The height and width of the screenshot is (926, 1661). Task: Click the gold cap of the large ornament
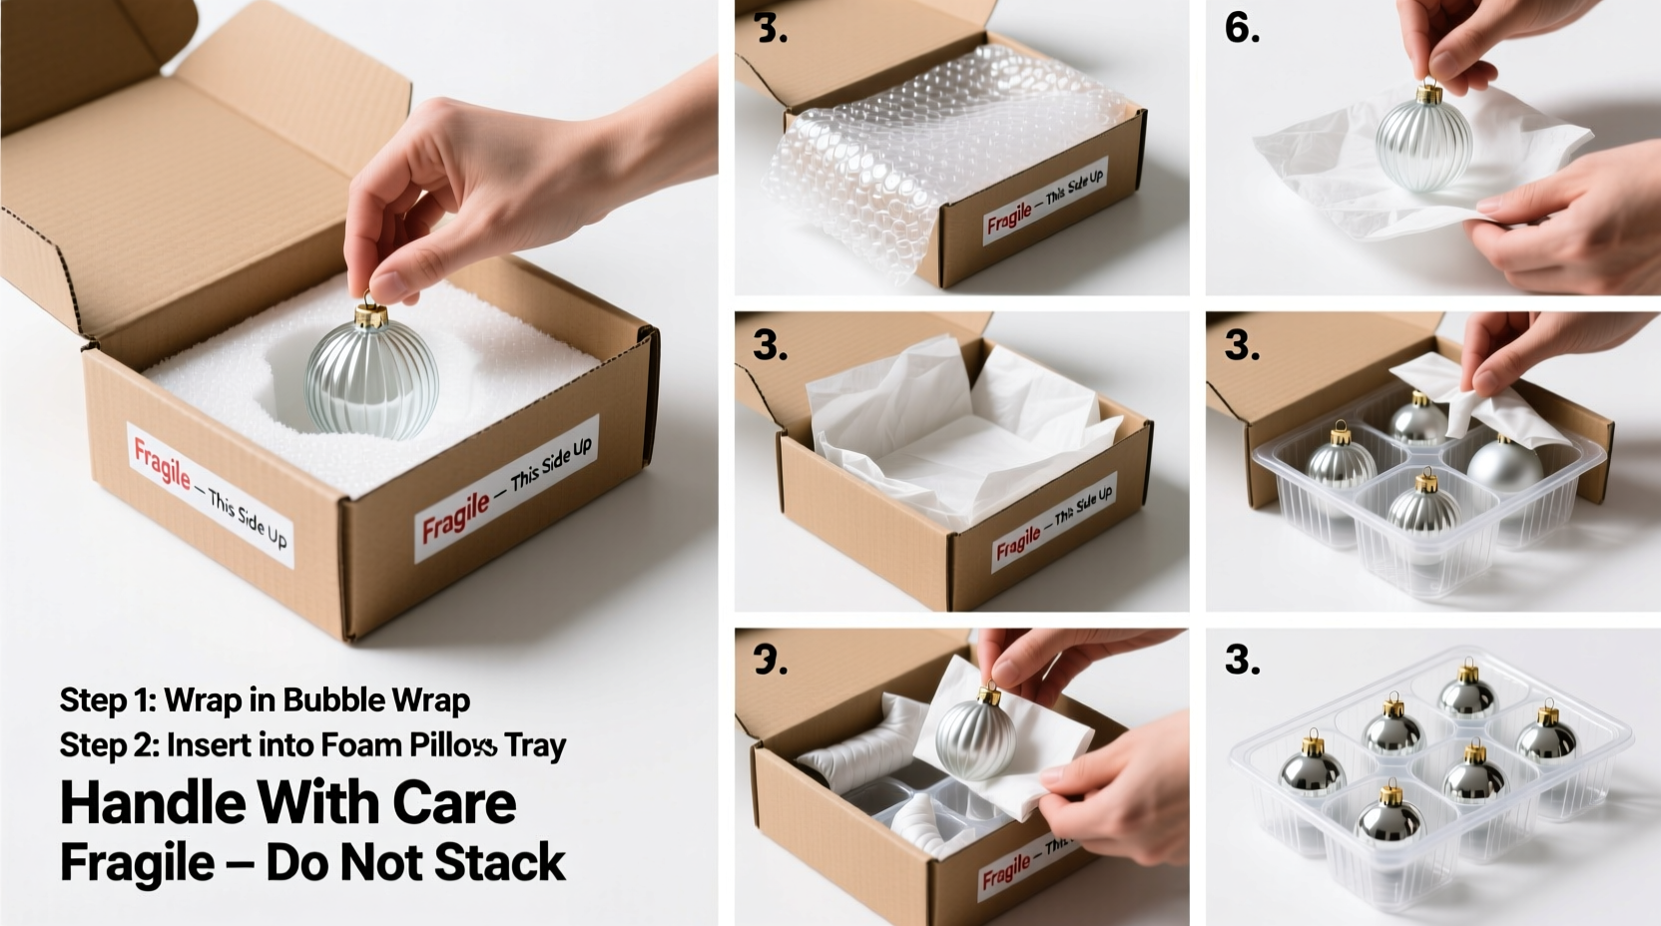[371, 315]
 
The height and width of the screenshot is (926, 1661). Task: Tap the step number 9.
[770, 660]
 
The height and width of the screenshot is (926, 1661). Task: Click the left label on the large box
[210, 495]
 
